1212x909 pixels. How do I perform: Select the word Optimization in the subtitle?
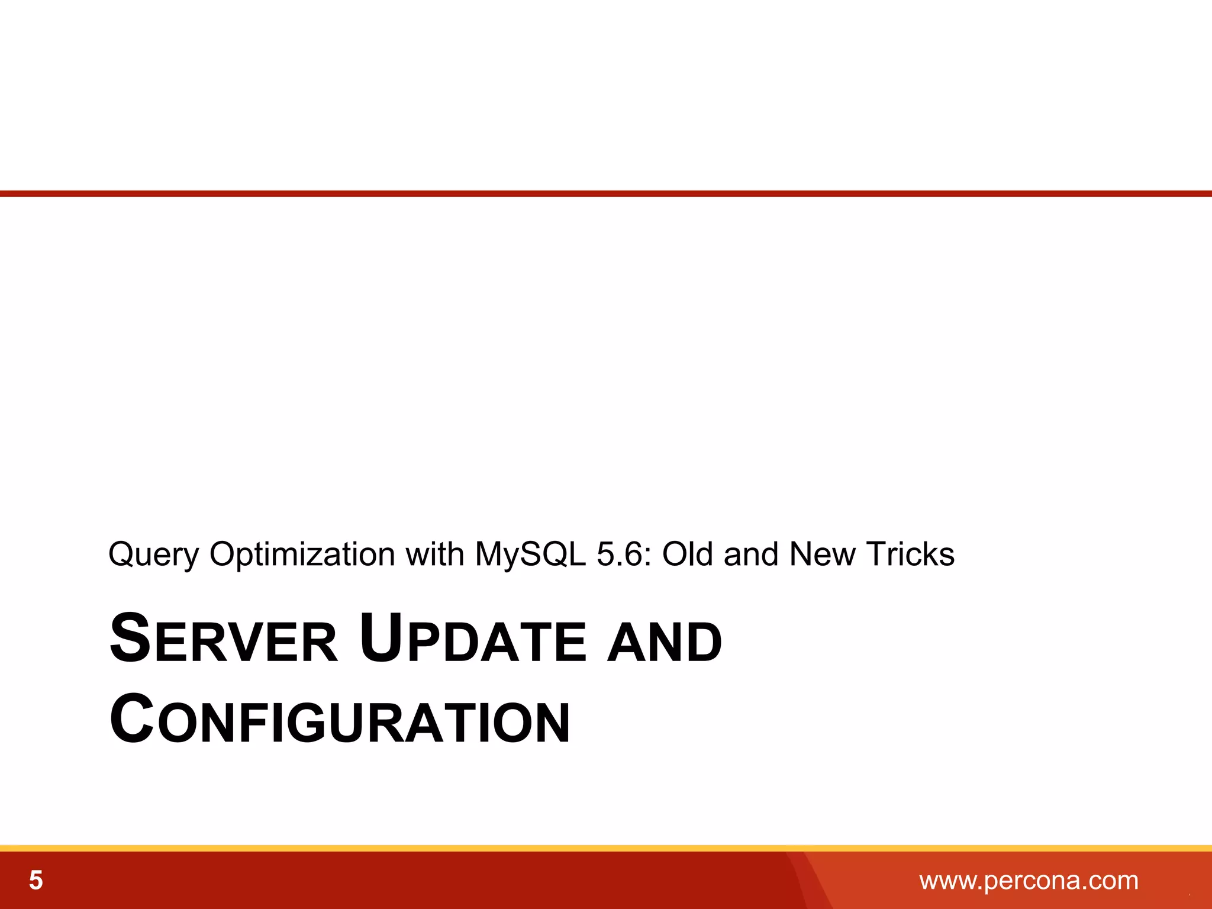click(x=302, y=555)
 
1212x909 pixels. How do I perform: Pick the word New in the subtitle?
click(x=823, y=554)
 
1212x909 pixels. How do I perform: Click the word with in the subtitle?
click(x=434, y=554)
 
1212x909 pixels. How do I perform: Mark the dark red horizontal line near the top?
click(x=606, y=194)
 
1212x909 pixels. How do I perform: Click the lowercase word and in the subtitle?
click(x=750, y=554)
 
